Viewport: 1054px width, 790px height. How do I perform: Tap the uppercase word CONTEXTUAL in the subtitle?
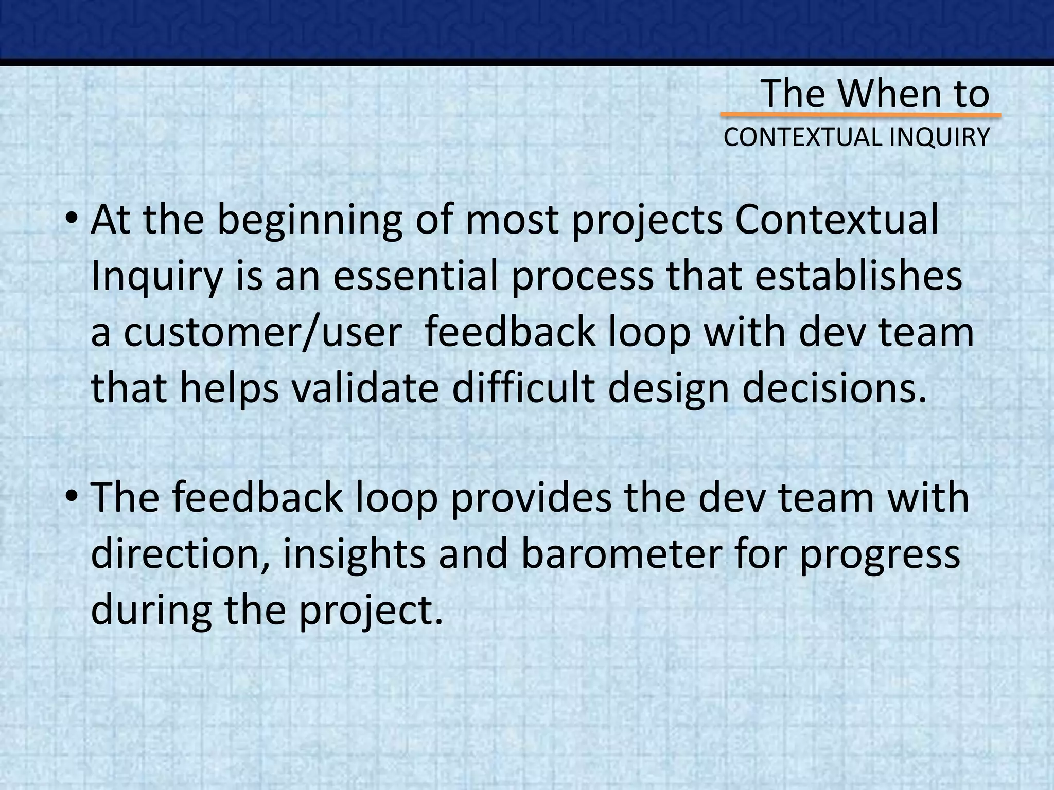pos(797,137)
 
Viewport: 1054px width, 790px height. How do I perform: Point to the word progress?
pos(880,555)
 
